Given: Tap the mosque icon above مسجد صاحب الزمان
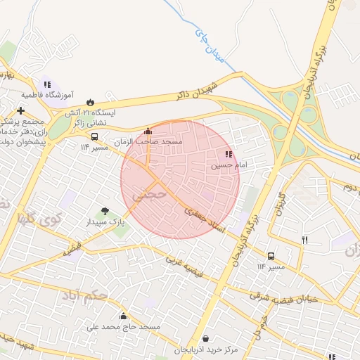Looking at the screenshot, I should [148, 131].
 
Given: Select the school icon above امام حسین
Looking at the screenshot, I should [228, 155].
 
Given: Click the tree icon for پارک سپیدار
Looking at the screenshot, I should [105, 210].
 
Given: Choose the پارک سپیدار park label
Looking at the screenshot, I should [105, 221].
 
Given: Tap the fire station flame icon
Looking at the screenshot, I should [89, 101].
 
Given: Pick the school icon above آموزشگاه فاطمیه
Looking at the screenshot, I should [46, 84].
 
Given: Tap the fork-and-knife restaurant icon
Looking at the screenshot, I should [304, 240].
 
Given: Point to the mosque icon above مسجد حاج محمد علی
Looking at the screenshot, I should [124, 316].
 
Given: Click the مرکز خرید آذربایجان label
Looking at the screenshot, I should [205, 349].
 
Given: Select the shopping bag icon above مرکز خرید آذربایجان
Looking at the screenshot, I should [205, 339].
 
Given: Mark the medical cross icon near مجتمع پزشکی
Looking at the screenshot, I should [20, 110].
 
